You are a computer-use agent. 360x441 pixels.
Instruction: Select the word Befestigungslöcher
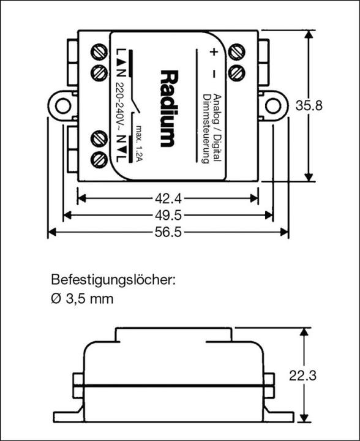(113, 281)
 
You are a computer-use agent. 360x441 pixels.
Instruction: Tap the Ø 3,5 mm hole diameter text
(83, 299)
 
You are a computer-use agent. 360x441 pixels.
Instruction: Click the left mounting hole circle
(63, 105)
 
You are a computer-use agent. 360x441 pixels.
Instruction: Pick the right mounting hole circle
(272, 105)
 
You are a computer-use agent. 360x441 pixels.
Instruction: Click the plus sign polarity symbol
(214, 52)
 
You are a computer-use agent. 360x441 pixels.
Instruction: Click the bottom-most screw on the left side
(99, 160)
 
